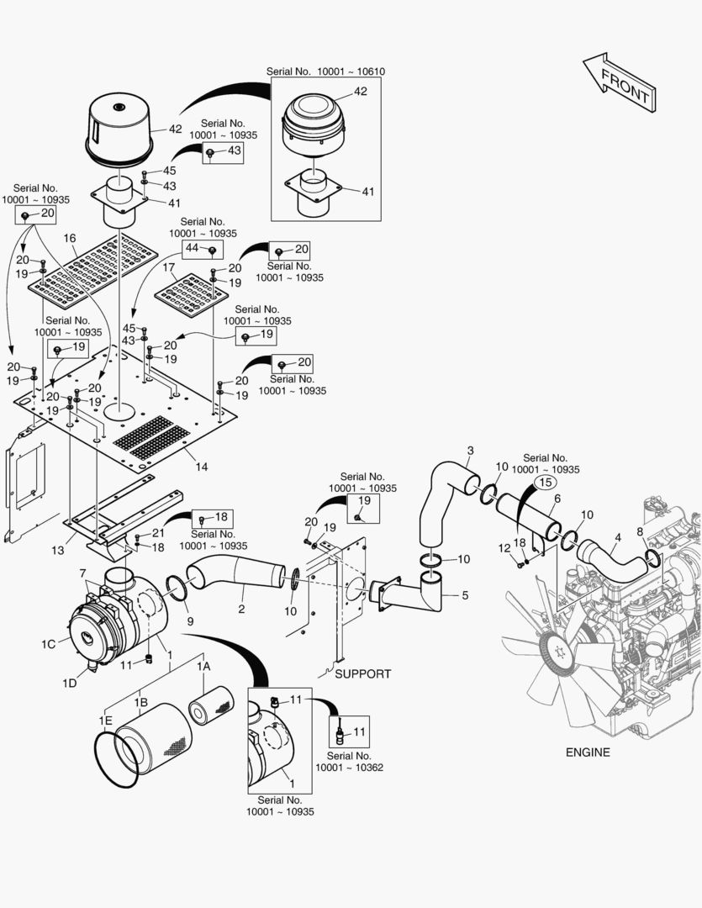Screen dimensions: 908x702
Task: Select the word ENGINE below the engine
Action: click(x=588, y=752)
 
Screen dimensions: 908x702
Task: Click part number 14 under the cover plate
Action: click(x=202, y=465)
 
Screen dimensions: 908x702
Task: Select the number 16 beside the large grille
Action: click(x=70, y=239)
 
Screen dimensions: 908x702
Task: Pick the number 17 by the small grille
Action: click(x=168, y=267)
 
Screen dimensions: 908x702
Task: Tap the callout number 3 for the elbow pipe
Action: click(x=470, y=451)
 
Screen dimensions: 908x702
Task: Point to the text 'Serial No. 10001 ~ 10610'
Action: click(x=325, y=71)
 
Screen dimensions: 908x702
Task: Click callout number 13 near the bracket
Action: click(x=57, y=551)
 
